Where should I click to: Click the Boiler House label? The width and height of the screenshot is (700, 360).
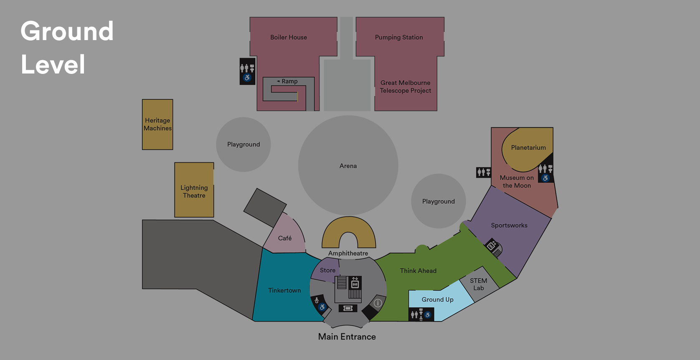pos(289,37)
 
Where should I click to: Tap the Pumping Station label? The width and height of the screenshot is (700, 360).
pos(399,37)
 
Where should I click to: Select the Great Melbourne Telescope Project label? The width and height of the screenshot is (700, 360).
pos(405,87)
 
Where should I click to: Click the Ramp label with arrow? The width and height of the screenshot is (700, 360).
pos(287,81)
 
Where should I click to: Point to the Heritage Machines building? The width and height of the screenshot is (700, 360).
pos(157,124)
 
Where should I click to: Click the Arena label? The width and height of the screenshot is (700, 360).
pos(348,166)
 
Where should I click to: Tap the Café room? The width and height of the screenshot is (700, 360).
pos(285,238)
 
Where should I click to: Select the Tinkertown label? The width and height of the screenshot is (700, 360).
pos(284,290)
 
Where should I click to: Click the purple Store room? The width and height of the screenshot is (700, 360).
pos(327,270)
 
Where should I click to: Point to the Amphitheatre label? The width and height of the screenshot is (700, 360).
pos(348,253)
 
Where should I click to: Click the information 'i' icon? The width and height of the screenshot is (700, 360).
pos(378,303)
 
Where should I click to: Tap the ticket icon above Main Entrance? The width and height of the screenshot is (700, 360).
pos(347,308)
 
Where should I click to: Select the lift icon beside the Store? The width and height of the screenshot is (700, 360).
pos(355,283)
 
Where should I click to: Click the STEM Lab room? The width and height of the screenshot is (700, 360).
pos(479,284)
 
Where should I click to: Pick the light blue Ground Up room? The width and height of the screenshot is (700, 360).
pos(437,299)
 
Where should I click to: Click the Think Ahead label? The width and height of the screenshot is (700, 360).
pos(418,271)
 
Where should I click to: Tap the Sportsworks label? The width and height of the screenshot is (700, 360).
pos(509,226)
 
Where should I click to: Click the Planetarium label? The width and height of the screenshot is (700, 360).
pos(528,147)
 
